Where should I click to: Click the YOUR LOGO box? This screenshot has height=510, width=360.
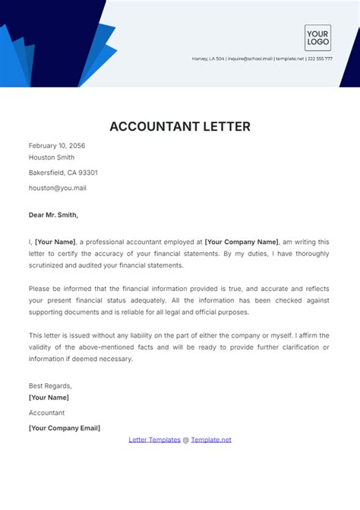317,38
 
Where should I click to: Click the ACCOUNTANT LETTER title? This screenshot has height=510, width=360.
179,126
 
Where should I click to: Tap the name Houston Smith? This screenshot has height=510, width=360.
52,158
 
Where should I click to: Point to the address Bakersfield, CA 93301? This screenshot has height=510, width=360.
63,173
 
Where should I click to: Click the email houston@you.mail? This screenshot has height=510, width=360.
57,187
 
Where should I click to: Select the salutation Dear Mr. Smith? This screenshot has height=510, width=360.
53,214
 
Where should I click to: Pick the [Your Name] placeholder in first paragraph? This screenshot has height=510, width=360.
55,241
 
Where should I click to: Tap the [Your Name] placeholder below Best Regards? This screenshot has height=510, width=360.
49,398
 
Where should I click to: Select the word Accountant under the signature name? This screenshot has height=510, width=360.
46,413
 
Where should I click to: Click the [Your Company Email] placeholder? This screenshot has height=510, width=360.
65,428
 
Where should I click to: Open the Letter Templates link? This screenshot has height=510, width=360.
154,439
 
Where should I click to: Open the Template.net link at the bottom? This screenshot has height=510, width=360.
211,439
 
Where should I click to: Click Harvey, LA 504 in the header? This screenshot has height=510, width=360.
209,59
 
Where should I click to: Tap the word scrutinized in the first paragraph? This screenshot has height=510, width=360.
54,265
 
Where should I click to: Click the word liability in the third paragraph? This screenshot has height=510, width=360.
155,335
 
